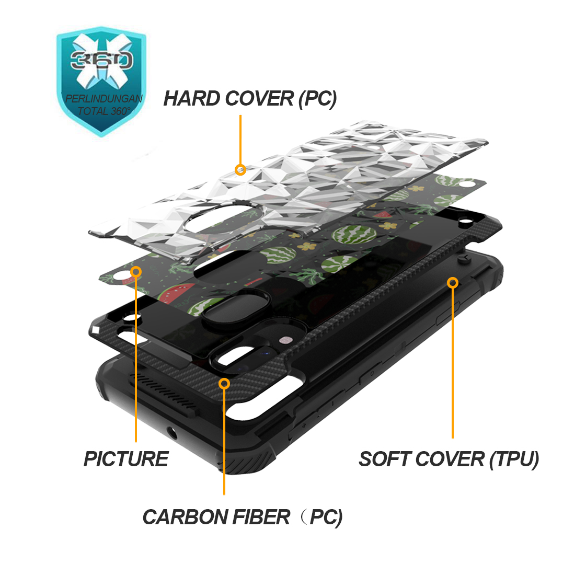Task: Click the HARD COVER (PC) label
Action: pyautogui.click(x=250, y=99)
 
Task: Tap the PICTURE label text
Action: pyautogui.click(x=126, y=459)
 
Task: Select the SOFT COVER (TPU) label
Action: pyautogui.click(x=449, y=459)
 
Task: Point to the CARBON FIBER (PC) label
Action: pyautogui.click(x=242, y=517)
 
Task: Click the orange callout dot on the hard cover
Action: pyautogui.click(x=240, y=170)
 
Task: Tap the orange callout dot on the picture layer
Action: pyautogui.click(x=136, y=272)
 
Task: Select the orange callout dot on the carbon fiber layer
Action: pyautogui.click(x=224, y=383)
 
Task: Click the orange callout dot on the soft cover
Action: pyautogui.click(x=453, y=283)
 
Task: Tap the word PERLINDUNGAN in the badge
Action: pyautogui.click(x=104, y=99)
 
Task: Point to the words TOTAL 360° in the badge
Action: pyautogui.click(x=104, y=111)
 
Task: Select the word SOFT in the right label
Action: pyautogui.click(x=384, y=459)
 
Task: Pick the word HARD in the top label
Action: pyautogui.click(x=192, y=99)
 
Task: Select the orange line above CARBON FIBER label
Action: pyautogui.click(x=224, y=441)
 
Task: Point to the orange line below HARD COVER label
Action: pyautogui.click(x=240, y=140)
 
